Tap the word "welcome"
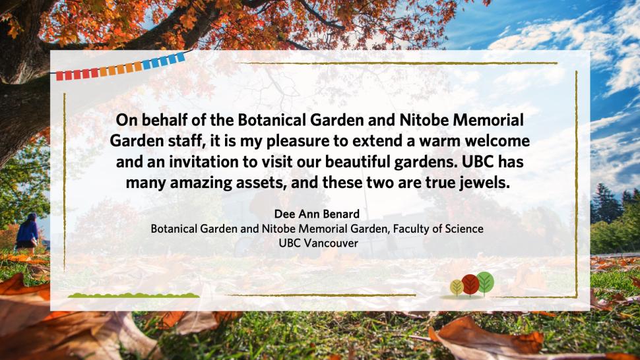[x=497, y=141]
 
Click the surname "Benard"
[x=340, y=214]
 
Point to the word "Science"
[x=464, y=229]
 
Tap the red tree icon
[x=470, y=284]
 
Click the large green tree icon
[x=485, y=282]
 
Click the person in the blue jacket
[x=27, y=231]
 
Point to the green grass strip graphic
[x=133, y=295]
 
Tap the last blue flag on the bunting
[x=180, y=57]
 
